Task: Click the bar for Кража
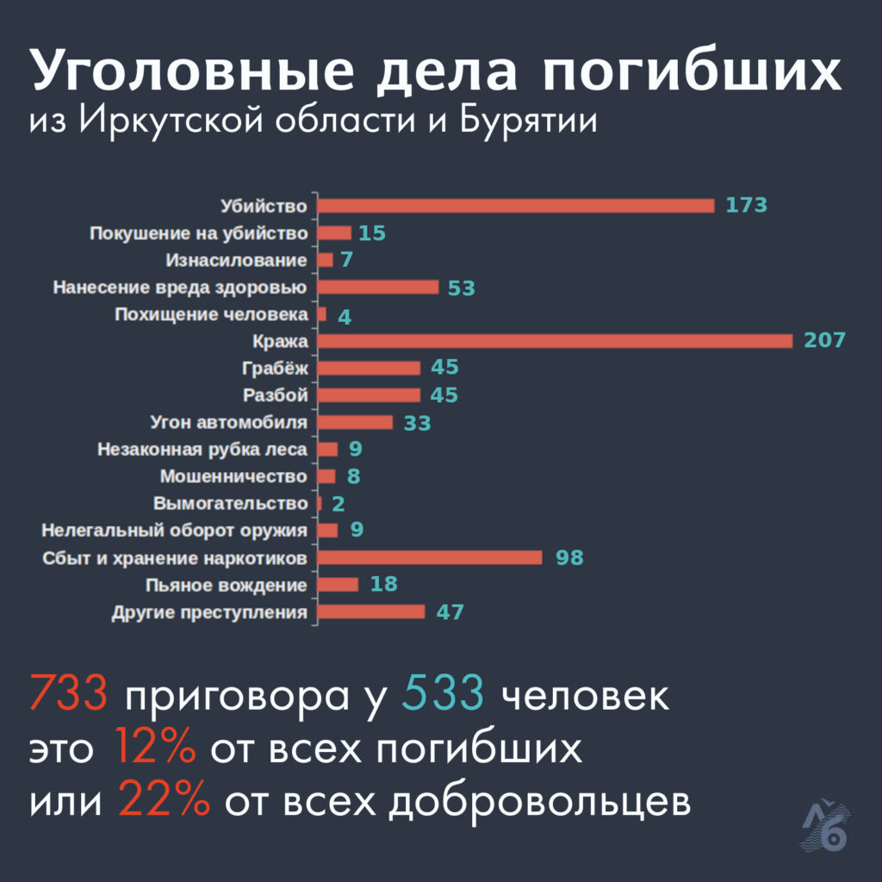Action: [555, 341]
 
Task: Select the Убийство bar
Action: [516, 206]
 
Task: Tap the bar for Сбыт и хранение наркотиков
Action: [430, 557]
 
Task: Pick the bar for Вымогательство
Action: [320, 503]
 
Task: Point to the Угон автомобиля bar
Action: [355, 422]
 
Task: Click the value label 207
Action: [824, 340]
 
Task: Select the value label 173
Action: [745, 205]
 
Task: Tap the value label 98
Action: [569, 557]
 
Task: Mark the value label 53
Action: [462, 288]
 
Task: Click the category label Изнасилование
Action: [236, 260]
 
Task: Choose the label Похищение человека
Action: [211, 314]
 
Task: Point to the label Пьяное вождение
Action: [227, 586]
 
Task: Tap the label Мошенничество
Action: [233, 476]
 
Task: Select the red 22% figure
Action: [164, 801]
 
